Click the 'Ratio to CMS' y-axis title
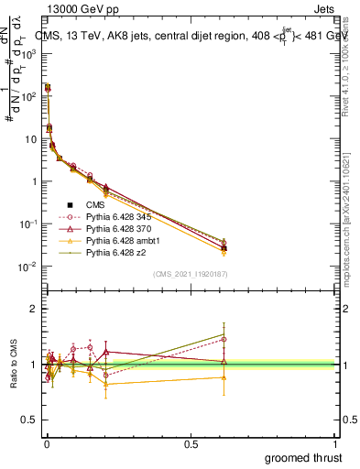point(15,365)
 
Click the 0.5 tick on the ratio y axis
point(33,420)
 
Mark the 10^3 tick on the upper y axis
point(31,53)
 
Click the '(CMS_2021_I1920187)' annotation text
point(191,274)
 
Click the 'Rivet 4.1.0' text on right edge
point(352,78)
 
